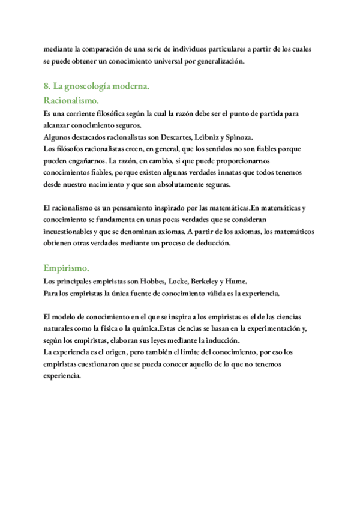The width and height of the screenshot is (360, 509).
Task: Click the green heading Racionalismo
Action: [71, 100]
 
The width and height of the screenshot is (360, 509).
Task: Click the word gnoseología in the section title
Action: [86, 87]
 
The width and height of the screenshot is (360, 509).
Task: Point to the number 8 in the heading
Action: [46, 87]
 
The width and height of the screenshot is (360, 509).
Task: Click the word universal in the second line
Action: [158, 61]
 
